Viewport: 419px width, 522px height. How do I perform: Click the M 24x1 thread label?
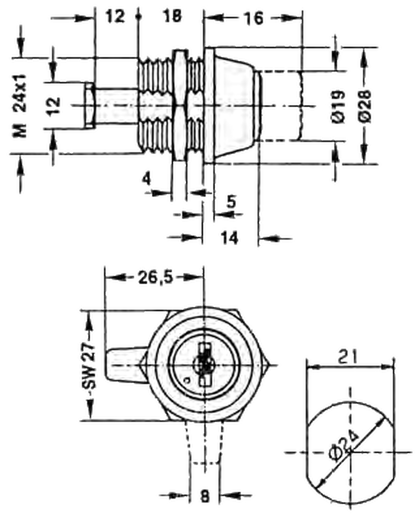(x=20, y=106)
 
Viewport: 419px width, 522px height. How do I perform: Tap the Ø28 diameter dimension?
(x=365, y=106)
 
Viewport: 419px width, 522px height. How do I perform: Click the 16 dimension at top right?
(x=253, y=18)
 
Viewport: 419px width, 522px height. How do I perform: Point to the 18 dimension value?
(x=172, y=16)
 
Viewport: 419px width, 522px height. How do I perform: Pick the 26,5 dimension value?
(x=156, y=277)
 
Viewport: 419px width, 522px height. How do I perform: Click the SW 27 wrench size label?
(x=90, y=366)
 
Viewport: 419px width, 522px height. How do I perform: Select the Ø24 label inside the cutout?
(x=344, y=445)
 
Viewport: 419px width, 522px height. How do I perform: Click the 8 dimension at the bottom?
(x=205, y=496)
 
